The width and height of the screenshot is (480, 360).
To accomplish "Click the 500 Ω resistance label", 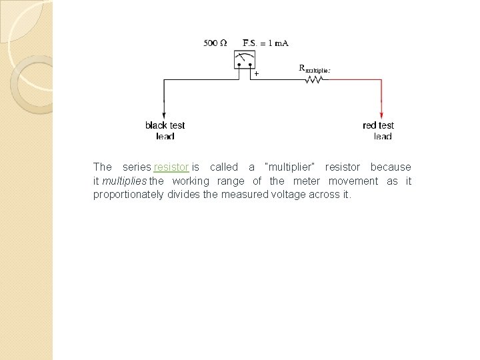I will (x=215, y=43).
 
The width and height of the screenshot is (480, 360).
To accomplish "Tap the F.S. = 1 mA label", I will (x=265, y=43).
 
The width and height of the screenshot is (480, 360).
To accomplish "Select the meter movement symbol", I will (x=244, y=60).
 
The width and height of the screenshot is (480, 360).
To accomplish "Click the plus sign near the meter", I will (x=256, y=73).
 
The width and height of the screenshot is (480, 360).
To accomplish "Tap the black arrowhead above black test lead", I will (x=165, y=114).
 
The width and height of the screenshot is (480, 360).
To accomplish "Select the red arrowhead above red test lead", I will (x=381, y=114).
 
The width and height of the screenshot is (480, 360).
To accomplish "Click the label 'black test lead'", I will (x=165, y=131).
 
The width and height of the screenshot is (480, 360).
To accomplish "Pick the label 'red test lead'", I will (x=379, y=131).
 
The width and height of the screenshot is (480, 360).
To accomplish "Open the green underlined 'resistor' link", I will (x=171, y=167).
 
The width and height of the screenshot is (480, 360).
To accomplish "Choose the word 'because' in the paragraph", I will (x=391, y=167).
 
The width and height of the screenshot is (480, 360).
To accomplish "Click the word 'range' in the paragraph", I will (x=231, y=181).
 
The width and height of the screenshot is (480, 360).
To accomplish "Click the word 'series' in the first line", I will (x=137, y=167).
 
